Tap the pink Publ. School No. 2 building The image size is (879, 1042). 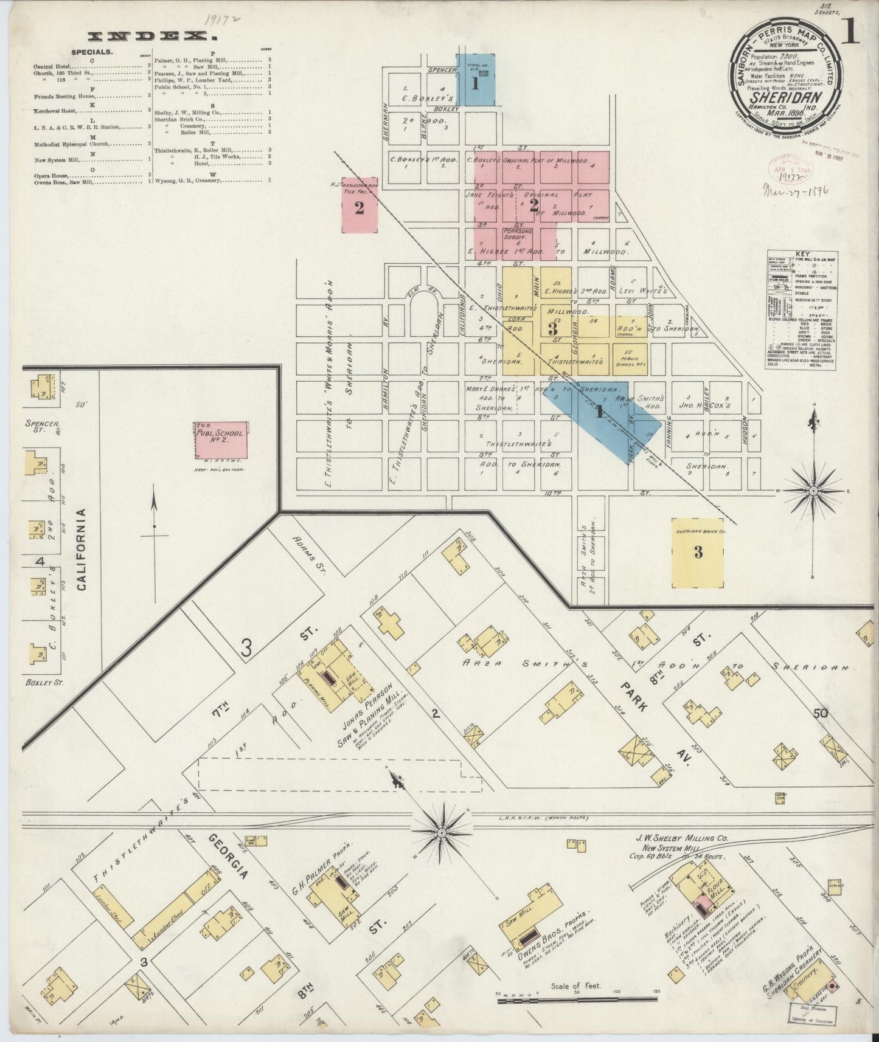[x=221, y=440]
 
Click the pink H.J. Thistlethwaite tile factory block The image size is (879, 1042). [x=359, y=209]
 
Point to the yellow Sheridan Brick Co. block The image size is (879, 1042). [x=698, y=552]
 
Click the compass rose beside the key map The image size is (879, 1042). [x=813, y=490]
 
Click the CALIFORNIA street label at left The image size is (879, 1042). [x=82, y=550]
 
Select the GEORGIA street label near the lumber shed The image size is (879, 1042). [x=229, y=857]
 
